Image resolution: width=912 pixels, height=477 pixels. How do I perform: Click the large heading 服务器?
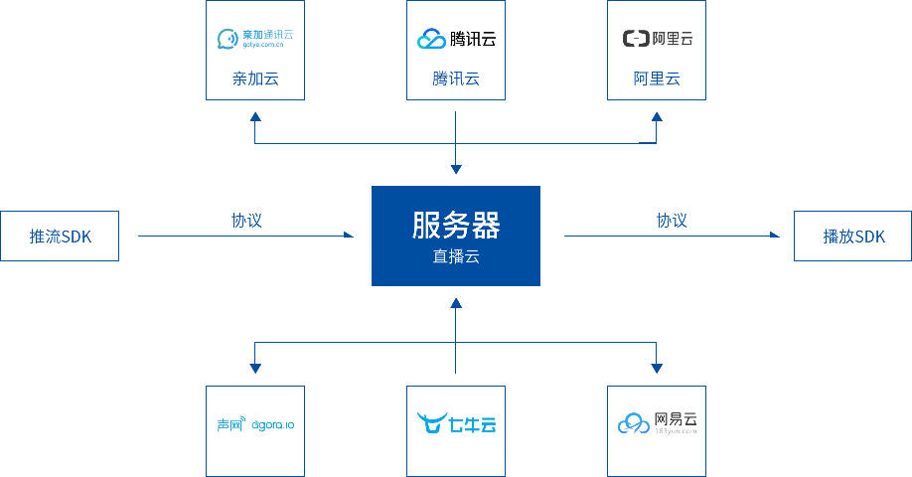tap(456, 226)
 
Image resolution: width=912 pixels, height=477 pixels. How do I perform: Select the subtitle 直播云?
tap(456, 256)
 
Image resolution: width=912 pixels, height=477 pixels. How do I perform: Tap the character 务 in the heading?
tap(456, 226)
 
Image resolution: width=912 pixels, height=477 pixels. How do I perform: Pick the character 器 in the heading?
tap(486, 226)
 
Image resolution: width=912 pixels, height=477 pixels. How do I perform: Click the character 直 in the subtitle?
tap(440, 256)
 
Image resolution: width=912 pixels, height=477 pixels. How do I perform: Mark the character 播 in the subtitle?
tap(456, 256)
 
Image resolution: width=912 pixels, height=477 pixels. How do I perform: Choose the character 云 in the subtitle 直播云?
tap(472, 256)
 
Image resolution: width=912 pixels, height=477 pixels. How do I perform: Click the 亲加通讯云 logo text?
tap(267, 35)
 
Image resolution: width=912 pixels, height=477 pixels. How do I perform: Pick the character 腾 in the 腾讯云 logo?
tap(458, 40)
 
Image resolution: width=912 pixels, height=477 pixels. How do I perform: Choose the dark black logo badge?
tap(656, 39)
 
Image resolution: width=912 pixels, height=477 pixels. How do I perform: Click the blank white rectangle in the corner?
tap(821, 414)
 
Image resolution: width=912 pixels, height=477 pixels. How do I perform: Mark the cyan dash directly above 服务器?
tap(463, 172)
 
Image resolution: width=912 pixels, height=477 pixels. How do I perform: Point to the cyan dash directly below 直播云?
tap(463, 298)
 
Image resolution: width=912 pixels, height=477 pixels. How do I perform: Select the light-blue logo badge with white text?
tap(456, 423)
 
